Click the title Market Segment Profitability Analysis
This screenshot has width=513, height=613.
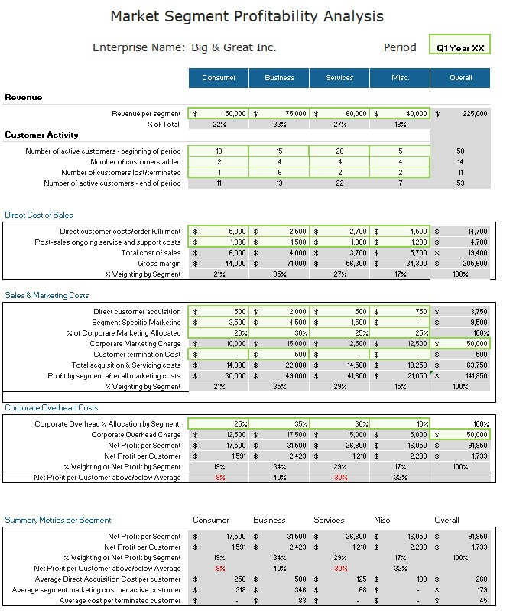[x=247, y=16]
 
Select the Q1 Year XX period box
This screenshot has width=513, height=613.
[x=459, y=47]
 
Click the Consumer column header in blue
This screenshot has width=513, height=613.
[x=219, y=78]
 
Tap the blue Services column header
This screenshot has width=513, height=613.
[x=339, y=78]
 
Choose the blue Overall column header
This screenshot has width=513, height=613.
[x=460, y=78]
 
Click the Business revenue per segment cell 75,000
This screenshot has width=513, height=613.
[x=279, y=113]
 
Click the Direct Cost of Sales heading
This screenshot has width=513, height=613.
[x=39, y=216]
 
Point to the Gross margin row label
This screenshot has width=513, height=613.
[x=159, y=264]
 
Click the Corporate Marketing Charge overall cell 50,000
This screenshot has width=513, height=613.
[x=460, y=344]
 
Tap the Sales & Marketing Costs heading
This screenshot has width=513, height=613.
[x=47, y=295]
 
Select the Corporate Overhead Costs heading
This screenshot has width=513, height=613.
[x=51, y=408]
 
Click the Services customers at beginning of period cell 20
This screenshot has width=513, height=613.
[x=339, y=151]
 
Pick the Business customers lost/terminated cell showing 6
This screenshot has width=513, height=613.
[x=279, y=173]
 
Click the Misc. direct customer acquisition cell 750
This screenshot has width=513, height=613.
[x=400, y=312]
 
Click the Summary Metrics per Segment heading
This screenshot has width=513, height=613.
[x=58, y=520]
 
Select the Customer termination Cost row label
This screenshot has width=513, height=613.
[x=137, y=355]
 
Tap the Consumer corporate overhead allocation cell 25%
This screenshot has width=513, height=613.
[x=219, y=424]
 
